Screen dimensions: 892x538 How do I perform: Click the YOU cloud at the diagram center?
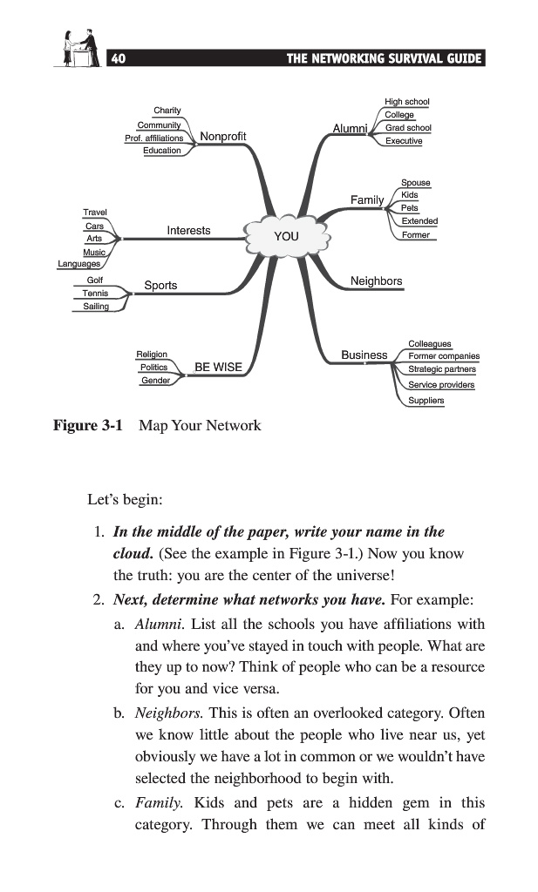click(x=285, y=236)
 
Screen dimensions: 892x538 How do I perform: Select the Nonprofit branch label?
click(x=223, y=137)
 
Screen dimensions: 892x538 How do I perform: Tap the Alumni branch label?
click(x=350, y=129)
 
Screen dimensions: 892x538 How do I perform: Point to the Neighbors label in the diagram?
click(x=376, y=281)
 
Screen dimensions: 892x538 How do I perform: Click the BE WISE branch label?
click(x=218, y=367)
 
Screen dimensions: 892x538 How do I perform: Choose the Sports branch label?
click(x=160, y=285)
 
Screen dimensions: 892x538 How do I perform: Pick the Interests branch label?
click(x=188, y=230)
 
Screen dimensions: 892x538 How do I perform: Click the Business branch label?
click(x=364, y=355)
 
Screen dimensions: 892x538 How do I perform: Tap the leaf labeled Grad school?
click(x=408, y=128)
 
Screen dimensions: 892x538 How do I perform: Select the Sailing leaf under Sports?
click(x=96, y=307)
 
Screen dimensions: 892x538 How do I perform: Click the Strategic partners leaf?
click(x=441, y=369)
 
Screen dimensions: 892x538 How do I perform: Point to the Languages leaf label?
click(x=79, y=264)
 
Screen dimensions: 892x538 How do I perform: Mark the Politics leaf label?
click(x=153, y=368)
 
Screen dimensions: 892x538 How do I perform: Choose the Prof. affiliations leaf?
click(x=153, y=138)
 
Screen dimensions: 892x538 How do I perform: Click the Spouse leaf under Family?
click(x=415, y=183)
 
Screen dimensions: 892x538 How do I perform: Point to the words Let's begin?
click(x=126, y=500)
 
